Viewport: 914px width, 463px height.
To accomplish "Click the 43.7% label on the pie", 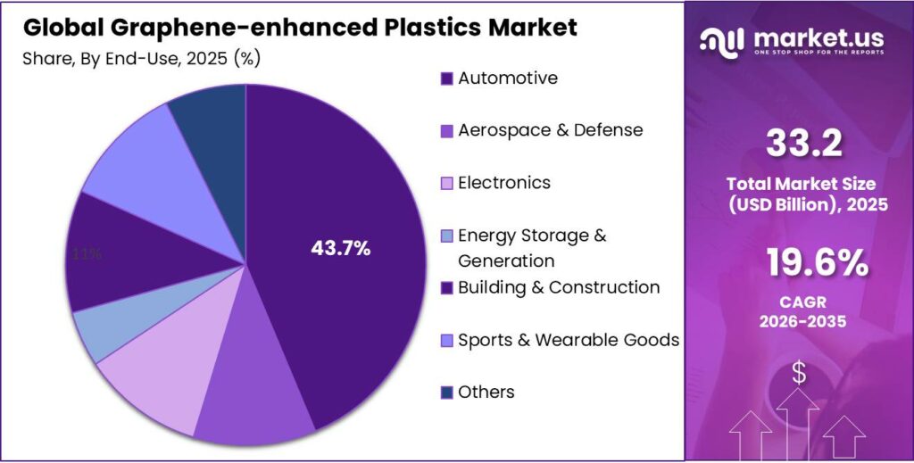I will (340, 250).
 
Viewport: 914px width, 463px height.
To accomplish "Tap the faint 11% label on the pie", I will (87, 254).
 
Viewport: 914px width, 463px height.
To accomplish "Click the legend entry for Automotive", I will (507, 79).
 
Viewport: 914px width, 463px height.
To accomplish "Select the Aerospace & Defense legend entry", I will (549, 130).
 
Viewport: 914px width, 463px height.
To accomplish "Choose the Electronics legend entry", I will (503, 183).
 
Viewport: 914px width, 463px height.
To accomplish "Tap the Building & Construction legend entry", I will (558, 287).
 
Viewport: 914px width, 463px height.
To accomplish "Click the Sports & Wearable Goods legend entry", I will (568, 340).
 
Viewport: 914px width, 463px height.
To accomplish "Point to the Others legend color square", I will (446, 393).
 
